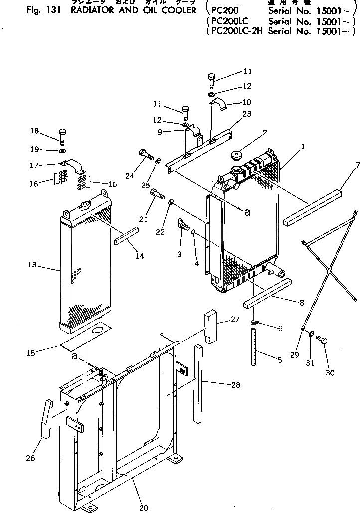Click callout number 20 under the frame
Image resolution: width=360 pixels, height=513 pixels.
pyautogui.click(x=144, y=508)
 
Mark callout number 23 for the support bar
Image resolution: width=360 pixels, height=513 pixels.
pyautogui.click(x=247, y=114)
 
